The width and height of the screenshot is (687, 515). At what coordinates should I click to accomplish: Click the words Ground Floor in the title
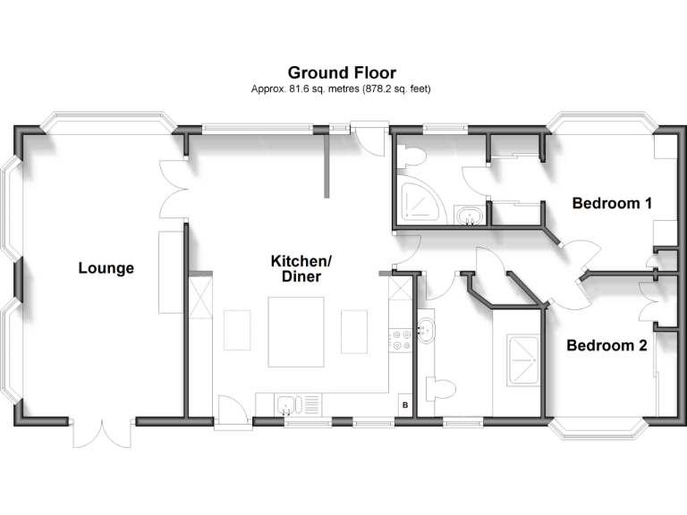coord(342,72)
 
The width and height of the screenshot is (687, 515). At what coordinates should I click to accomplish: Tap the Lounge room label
coord(106,267)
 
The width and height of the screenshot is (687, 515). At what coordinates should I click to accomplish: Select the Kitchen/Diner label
coord(301,268)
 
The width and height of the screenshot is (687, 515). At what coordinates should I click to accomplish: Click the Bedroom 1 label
coord(612,203)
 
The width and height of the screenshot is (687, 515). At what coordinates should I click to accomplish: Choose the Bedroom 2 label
coord(606,344)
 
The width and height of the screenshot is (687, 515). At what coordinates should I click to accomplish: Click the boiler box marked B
coord(404,405)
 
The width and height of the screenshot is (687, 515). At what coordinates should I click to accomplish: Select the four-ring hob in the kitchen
coord(399,338)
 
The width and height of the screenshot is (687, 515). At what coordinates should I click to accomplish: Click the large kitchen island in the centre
coord(297,333)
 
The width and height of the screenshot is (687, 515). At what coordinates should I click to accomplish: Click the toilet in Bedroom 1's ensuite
coord(413,155)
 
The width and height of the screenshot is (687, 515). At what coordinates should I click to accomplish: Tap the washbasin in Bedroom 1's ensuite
coord(468,215)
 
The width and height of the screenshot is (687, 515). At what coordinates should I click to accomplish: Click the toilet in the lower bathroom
coord(439,388)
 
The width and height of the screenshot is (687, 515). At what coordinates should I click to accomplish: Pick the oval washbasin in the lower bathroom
coord(426,329)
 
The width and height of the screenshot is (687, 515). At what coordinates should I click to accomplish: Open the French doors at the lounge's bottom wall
coord(101,433)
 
